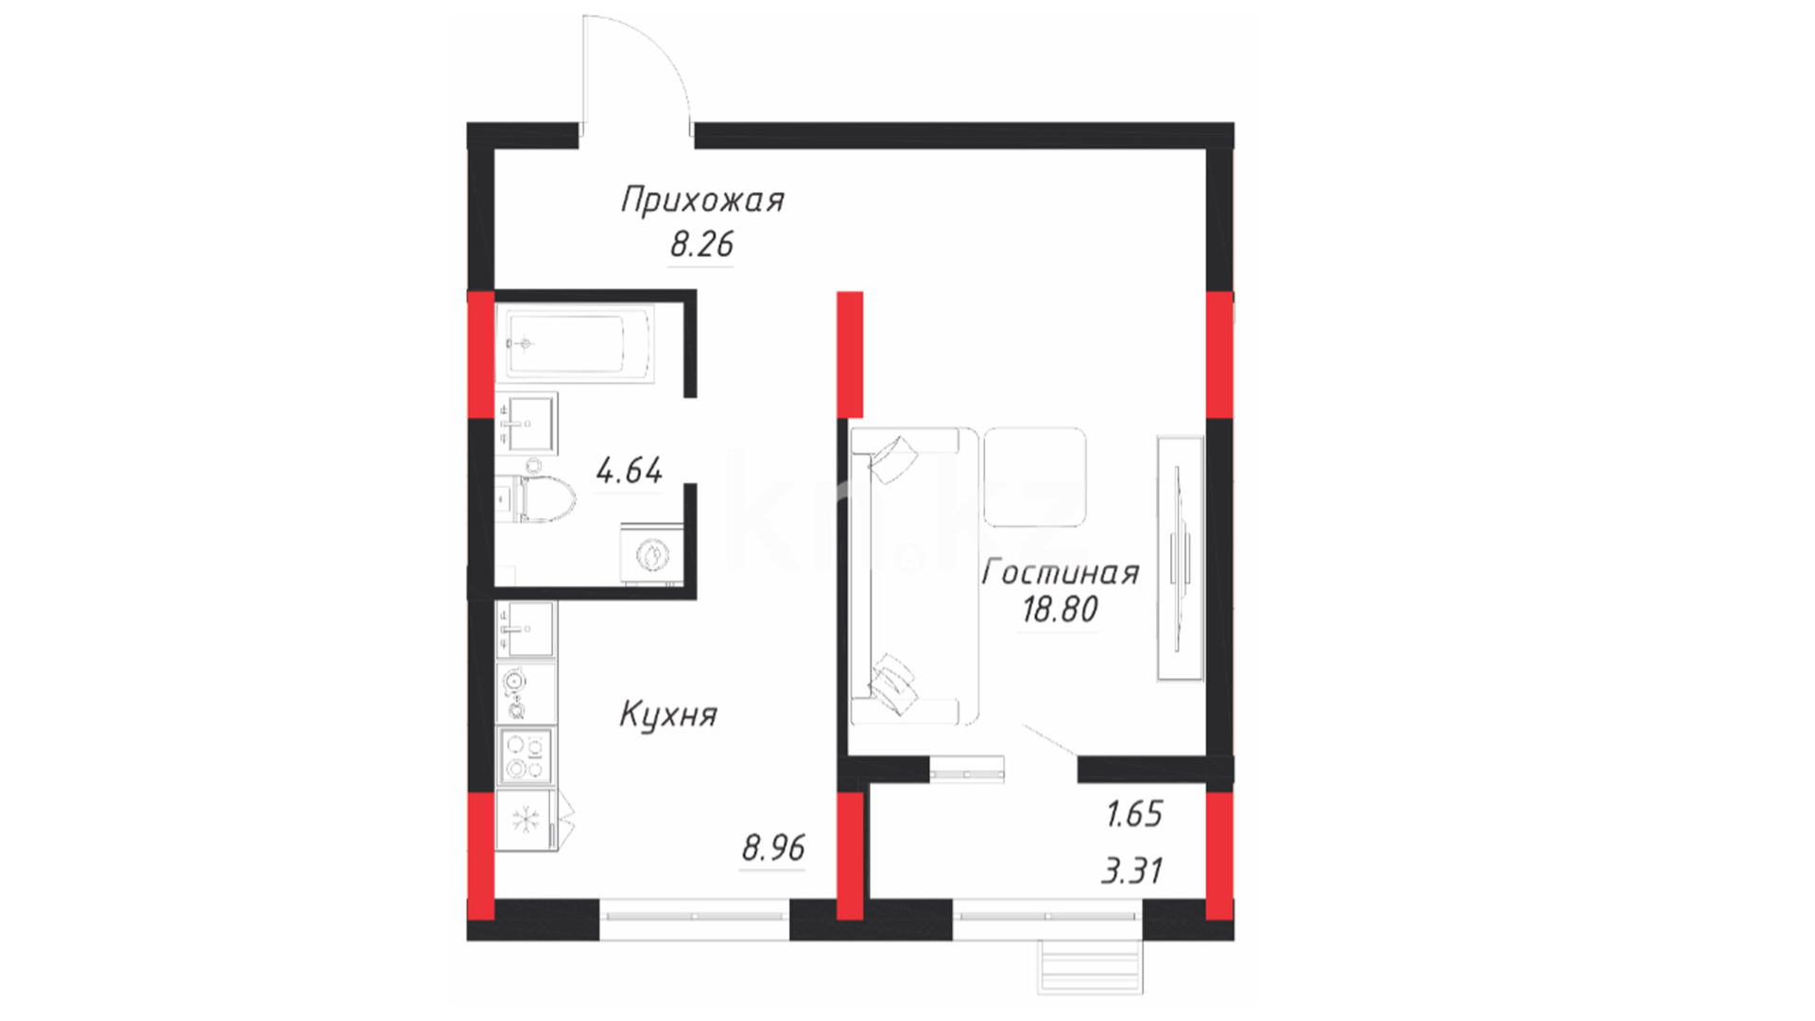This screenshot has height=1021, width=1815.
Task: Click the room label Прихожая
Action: [x=702, y=201]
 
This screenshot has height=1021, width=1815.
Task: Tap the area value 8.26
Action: [x=701, y=245]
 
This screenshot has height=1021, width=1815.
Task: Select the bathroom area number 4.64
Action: [x=630, y=470]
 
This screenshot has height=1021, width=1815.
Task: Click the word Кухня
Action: [x=668, y=715]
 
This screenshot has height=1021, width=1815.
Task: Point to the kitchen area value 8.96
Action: [x=773, y=848]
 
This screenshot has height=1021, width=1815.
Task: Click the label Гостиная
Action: [x=1061, y=573]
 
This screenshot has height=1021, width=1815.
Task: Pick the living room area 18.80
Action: [x=1060, y=610]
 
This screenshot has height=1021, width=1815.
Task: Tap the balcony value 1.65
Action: [x=1134, y=814]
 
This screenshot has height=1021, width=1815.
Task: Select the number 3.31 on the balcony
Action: [x=1132, y=870]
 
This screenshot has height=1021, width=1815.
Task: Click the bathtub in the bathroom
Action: [x=575, y=344]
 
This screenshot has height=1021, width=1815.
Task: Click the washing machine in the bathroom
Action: [x=651, y=554]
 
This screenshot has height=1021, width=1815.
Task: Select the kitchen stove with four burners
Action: [x=526, y=756]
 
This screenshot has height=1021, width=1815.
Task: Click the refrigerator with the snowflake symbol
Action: [x=526, y=820]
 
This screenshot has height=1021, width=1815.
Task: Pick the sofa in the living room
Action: [x=913, y=576]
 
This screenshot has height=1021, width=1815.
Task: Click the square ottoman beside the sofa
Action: [x=1035, y=476]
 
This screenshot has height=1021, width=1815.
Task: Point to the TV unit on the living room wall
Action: [x=1181, y=558]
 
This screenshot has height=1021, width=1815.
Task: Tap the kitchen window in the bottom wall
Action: [x=695, y=917]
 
